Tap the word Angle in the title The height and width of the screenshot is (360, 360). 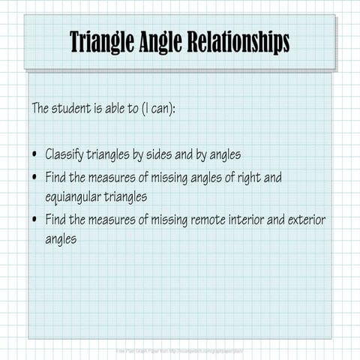163,42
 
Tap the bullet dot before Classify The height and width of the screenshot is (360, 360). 35,155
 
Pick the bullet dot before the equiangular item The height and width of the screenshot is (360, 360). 35,178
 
